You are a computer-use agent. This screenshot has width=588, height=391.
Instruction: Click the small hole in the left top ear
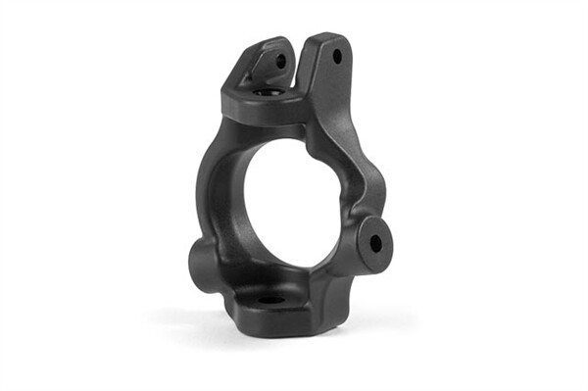pyautogui.click(x=280, y=61)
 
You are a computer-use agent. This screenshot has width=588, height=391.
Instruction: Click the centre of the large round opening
pyautogui.click(x=288, y=201)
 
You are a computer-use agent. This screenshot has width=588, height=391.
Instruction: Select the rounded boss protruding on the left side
pyautogui.click(x=200, y=260)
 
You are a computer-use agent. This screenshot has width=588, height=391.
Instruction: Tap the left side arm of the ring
pyautogui.click(x=214, y=191)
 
